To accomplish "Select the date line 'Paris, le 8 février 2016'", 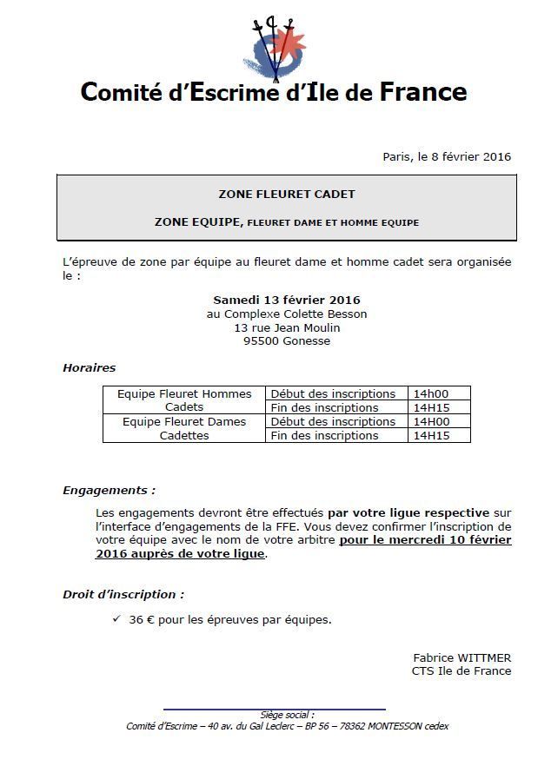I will tap(447, 157).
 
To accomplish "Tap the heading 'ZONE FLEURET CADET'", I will tap(286, 195).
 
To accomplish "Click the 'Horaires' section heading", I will tap(89, 368).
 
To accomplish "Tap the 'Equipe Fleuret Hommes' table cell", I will tap(184, 394).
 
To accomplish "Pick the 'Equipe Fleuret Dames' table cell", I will tap(184, 422).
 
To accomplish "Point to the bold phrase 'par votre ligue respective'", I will tap(408, 512).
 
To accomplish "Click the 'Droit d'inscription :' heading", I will tap(123, 595).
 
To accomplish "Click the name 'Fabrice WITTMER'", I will tap(462, 657).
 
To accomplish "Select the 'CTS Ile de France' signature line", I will tap(461, 670).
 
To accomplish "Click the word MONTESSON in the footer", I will tap(396, 726).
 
